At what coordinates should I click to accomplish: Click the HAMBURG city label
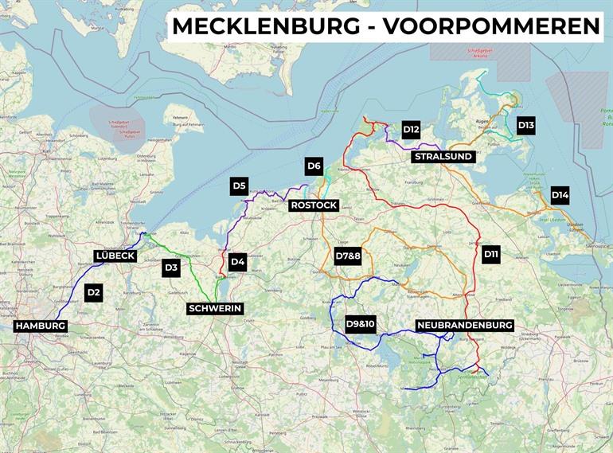click(x=41, y=326)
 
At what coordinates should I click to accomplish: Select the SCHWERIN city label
click(x=214, y=309)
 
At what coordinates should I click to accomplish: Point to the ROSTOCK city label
click(x=314, y=205)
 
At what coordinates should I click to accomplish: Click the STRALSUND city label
click(x=443, y=157)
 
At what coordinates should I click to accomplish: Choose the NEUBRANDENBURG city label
click(x=465, y=325)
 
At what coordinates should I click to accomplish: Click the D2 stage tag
click(x=94, y=292)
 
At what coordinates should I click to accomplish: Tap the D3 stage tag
click(x=171, y=268)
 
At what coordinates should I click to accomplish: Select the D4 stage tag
click(x=237, y=261)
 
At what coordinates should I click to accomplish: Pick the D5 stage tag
click(x=239, y=186)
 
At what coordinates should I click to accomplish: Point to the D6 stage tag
click(x=314, y=166)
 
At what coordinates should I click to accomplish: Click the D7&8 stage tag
click(x=348, y=256)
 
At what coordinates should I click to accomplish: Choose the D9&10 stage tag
click(x=360, y=324)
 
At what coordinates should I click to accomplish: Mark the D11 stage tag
click(x=491, y=255)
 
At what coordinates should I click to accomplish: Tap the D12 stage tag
click(x=411, y=130)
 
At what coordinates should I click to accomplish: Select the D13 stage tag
click(x=526, y=125)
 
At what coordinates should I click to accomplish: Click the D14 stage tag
click(x=560, y=195)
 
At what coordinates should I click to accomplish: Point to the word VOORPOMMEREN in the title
click(x=491, y=26)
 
